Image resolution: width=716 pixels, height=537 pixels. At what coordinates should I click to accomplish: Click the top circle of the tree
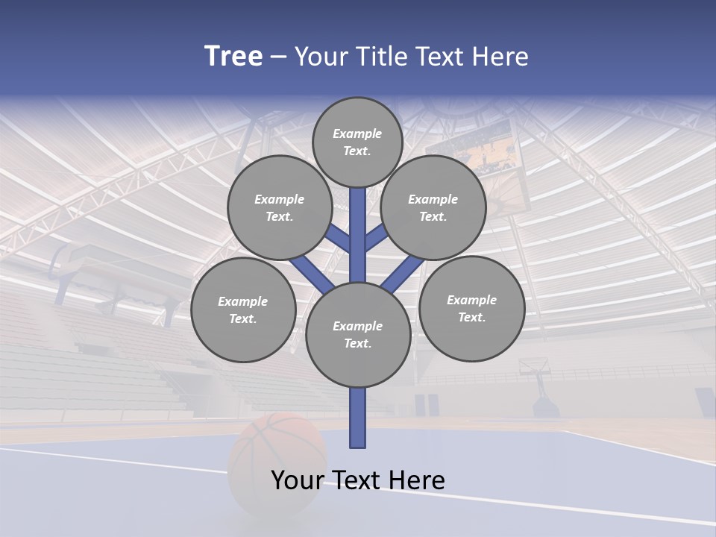pyautogui.click(x=357, y=142)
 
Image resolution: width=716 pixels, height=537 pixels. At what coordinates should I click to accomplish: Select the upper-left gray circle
pyautogui.click(x=279, y=207)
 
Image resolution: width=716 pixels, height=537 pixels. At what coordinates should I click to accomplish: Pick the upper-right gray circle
pyautogui.click(x=433, y=207)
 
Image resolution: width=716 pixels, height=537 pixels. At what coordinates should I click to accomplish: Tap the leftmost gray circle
pyautogui.click(x=243, y=310)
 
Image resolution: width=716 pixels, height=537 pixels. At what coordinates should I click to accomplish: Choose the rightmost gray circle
pyautogui.click(x=471, y=308)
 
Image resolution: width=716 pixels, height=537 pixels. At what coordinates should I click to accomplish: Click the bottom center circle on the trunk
pyautogui.click(x=358, y=334)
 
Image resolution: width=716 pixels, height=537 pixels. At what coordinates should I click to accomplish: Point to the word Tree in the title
pyautogui.click(x=233, y=56)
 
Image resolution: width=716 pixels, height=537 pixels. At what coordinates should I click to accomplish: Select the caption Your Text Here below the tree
pyautogui.click(x=358, y=480)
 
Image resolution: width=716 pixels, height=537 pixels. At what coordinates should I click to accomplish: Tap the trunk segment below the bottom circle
pyautogui.click(x=358, y=418)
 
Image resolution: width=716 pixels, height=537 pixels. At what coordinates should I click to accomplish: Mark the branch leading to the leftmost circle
pyautogui.click(x=312, y=274)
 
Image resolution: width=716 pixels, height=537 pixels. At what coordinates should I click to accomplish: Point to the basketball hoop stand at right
pyautogui.click(x=541, y=388)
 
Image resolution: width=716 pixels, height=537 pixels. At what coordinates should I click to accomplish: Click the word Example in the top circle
pyautogui.click(x=357, y=134)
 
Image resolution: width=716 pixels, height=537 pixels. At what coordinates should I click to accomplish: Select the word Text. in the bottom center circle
pyautogui.click(x=357, y=343)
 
